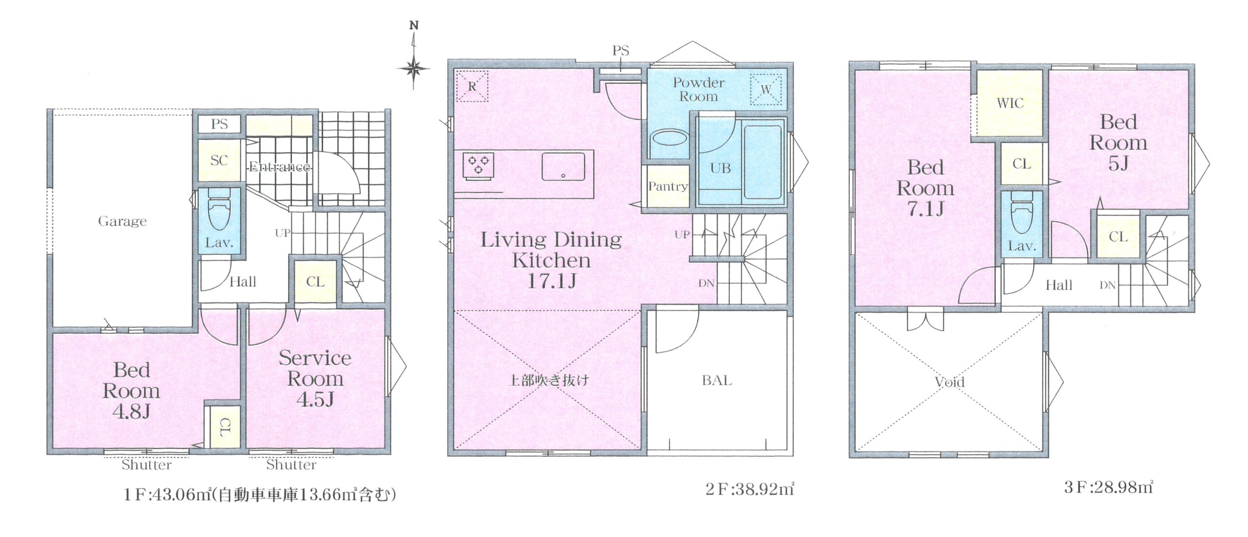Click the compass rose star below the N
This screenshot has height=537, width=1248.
coord(414,68)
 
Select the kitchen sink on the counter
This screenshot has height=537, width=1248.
coord(563,166)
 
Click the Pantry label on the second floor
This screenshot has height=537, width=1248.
coord(667,186)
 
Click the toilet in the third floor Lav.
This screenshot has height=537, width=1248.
coord(1021,215)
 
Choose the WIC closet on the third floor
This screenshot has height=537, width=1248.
coord(1010,103)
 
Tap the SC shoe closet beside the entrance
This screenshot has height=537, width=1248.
coord(219,160)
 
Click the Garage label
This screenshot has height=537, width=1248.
coord(122,222)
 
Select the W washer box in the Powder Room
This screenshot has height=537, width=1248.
coord(765,90)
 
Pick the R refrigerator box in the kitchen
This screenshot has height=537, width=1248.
coord(471,86)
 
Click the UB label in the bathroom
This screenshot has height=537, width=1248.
coord(720,168)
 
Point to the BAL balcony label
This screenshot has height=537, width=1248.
coord(717,380)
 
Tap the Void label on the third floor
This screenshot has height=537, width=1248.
coord(950,382)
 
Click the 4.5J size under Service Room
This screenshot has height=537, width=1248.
coord(315,400)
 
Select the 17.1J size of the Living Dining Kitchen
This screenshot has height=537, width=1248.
coord(551,281)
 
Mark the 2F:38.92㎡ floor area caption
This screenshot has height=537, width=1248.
coord(749,489)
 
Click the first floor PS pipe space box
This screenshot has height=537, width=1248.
coord(219,124)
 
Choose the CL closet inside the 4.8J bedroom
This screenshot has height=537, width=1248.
coord(223,427)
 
